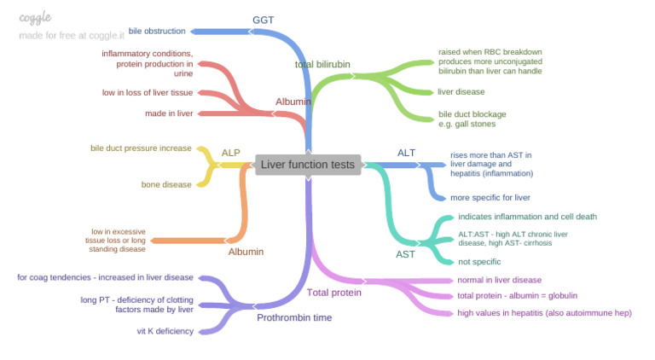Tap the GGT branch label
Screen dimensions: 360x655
(x=264, y=20)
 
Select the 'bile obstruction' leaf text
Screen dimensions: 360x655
(x=157, y=32)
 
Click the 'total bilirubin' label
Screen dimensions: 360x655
(x=322, y=64)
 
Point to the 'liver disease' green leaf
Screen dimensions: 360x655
(x=461, y=91)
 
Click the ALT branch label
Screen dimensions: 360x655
(x=406, y=153)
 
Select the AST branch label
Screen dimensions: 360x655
(x=406, y=254)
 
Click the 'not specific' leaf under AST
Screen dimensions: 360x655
(x=479, y=262)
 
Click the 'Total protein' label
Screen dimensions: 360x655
(x=333, y=293)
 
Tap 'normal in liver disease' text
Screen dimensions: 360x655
(x=499, y=280)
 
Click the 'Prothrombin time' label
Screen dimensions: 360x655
(x=294, y=318)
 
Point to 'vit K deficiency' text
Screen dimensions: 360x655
(x=165, y=331)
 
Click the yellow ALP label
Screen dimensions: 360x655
(x=230, y=153)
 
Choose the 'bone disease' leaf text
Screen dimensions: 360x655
(x=166, y=184)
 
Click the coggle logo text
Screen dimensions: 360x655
(x=35, y=18)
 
